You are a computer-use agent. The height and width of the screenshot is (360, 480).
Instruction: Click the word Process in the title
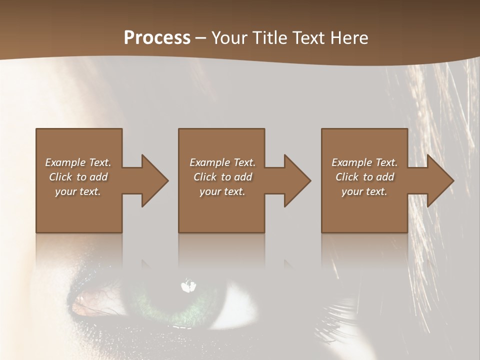[157, 38]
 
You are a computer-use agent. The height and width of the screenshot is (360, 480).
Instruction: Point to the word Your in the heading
[230, 38]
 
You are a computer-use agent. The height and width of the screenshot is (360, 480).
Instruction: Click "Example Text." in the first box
[78, 162]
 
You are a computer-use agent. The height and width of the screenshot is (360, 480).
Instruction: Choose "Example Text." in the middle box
[222, 162]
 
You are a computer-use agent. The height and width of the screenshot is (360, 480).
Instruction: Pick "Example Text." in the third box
[364, 162]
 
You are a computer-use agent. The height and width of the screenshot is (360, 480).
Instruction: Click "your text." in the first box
[78, 191]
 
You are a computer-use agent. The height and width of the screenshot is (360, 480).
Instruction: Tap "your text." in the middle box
[222, 191]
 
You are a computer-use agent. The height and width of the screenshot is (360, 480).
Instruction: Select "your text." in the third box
[364, 191]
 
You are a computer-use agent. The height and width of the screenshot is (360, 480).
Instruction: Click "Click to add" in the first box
[78, 177]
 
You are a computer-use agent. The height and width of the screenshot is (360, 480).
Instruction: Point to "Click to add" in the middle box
[222, 177]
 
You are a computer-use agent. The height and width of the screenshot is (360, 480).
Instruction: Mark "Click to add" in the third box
[364, 177]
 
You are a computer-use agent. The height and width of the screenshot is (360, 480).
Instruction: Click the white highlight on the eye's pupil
[188, 286]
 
